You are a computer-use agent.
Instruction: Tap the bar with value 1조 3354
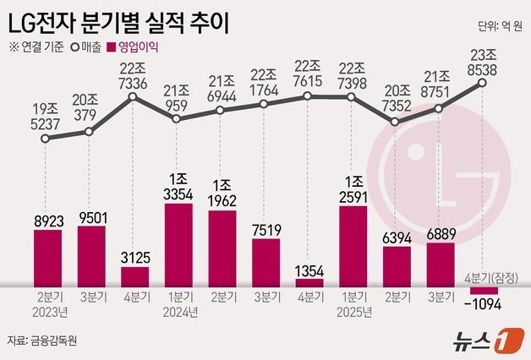(178, 245)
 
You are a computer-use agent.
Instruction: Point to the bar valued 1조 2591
(353, 246)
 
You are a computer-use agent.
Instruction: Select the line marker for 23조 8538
(483, 83)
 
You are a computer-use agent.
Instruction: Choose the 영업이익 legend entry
(136, 47)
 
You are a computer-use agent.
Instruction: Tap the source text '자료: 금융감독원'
(41, 341)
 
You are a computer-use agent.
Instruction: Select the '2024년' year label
(178, 312)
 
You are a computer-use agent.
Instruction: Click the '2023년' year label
(48, 312)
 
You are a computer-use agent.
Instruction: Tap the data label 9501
(91, 216)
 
